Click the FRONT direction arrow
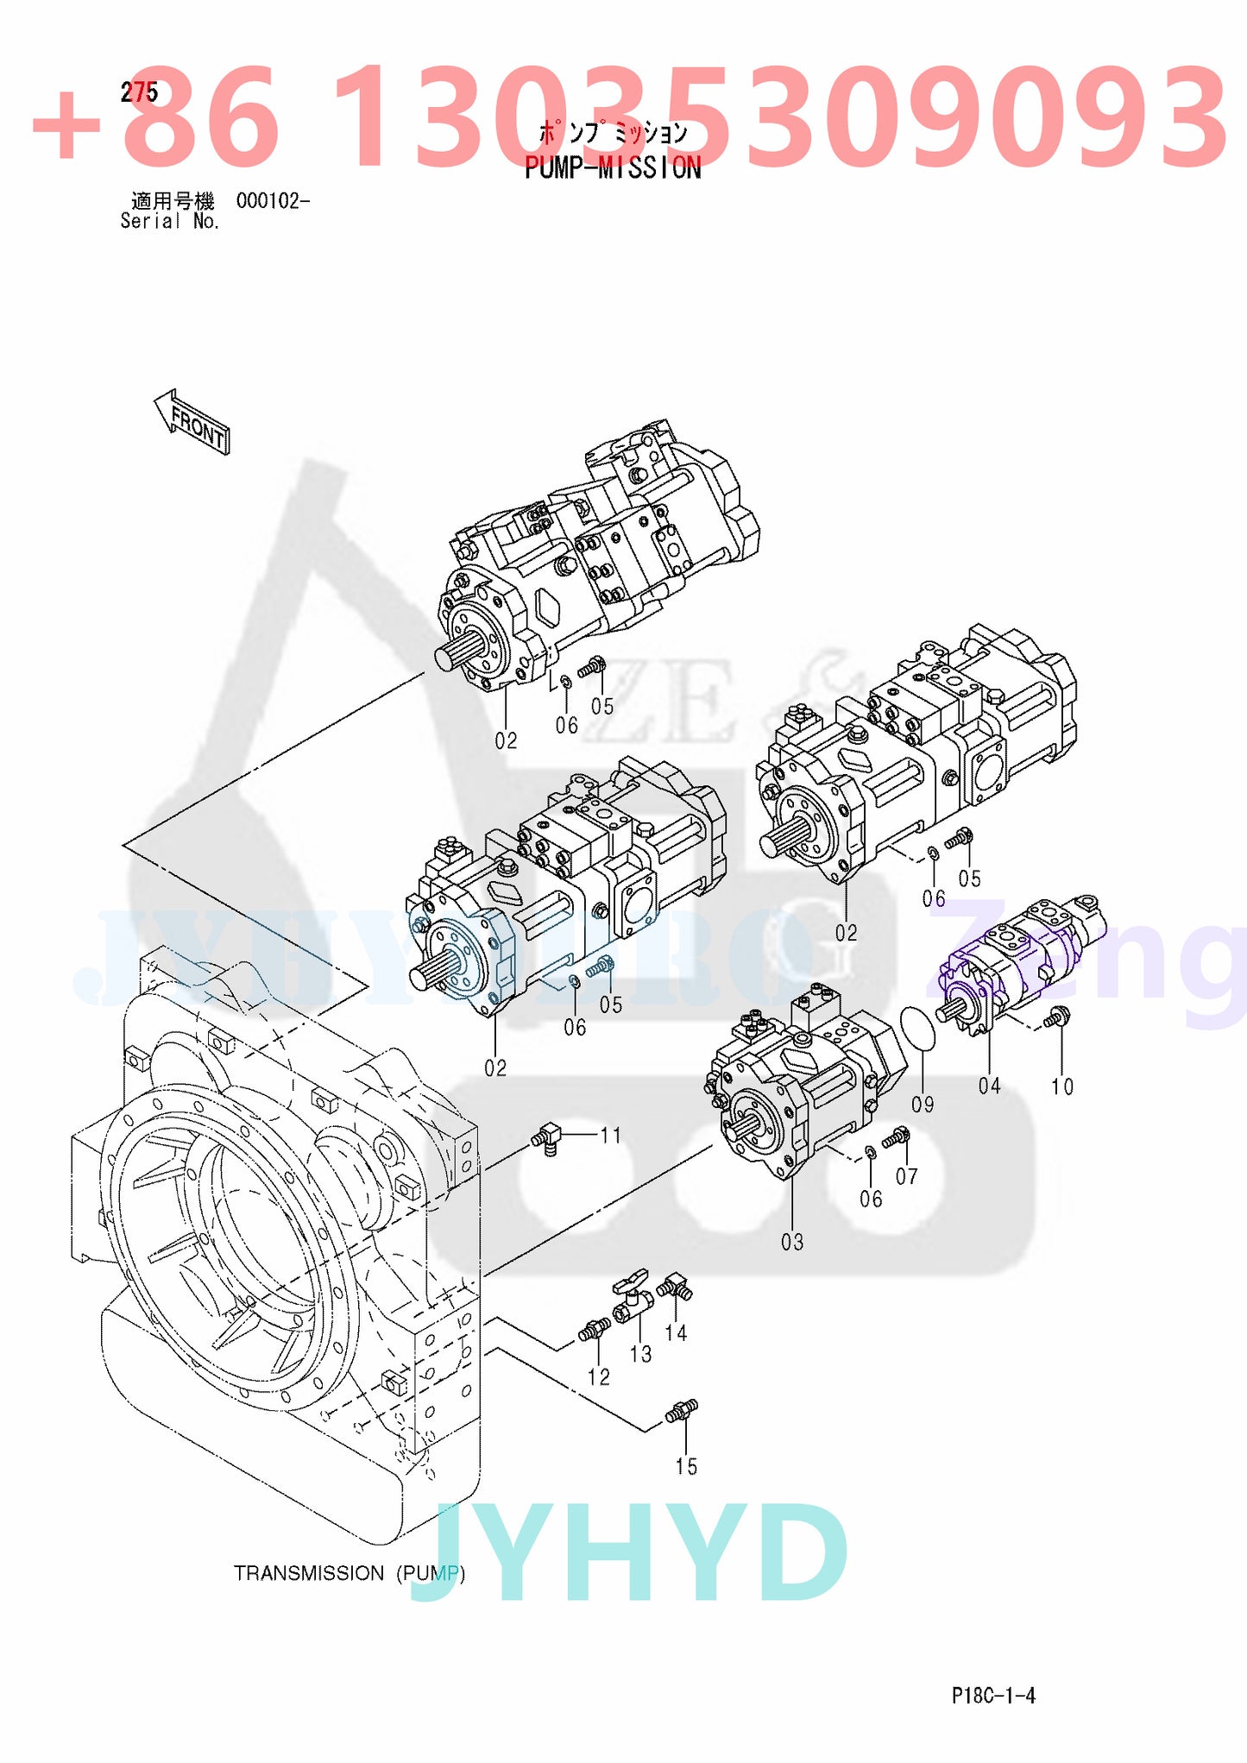click(x=192, y=423)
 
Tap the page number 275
click(x=139, y=92)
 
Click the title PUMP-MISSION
click(x=613, y=167)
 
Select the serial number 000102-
click(x=273, y=201)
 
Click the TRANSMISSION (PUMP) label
click(x=349, y=1573)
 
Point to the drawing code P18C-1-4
click(x=993, y=1696)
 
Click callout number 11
click(x=611, y=1136)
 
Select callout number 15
click(x=686, y=1466)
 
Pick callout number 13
click(x=640, y=1354)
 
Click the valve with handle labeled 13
click(x=630, y=1296)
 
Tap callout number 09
click(x=923, y=1105)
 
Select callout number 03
click(x=792, y=1242)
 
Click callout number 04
click(x=989, y=1086)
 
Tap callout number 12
click(x=598, y=1377)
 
